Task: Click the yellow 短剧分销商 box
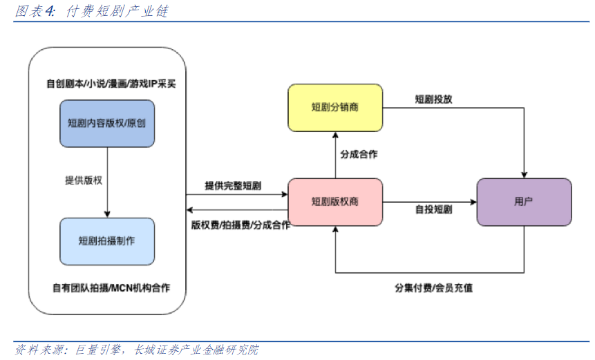click(335, 108)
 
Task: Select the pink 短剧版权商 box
click(335, 202)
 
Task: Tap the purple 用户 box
click(524, 202)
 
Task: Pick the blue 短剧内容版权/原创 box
click(107, 123)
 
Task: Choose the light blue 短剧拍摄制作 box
click(107, 241)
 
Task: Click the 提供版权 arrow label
click(84, 180)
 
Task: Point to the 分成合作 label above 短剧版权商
click(359, 154)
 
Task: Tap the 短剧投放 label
click(433, 100)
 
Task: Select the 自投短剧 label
click(433, 209)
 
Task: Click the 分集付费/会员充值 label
click(433, 288)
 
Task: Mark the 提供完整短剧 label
click(233, 186)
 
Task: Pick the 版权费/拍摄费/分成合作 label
click(240, 225)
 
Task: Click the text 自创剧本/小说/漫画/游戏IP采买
click(111, 84)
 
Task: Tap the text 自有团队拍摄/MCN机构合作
click(111, 288)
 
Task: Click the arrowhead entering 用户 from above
click(524, 175)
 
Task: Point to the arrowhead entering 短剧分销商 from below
click(335, 135)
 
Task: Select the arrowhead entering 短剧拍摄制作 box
click(107, 214)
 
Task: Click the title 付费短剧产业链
click(117, 11)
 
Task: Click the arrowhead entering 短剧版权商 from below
click(335, 229)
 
